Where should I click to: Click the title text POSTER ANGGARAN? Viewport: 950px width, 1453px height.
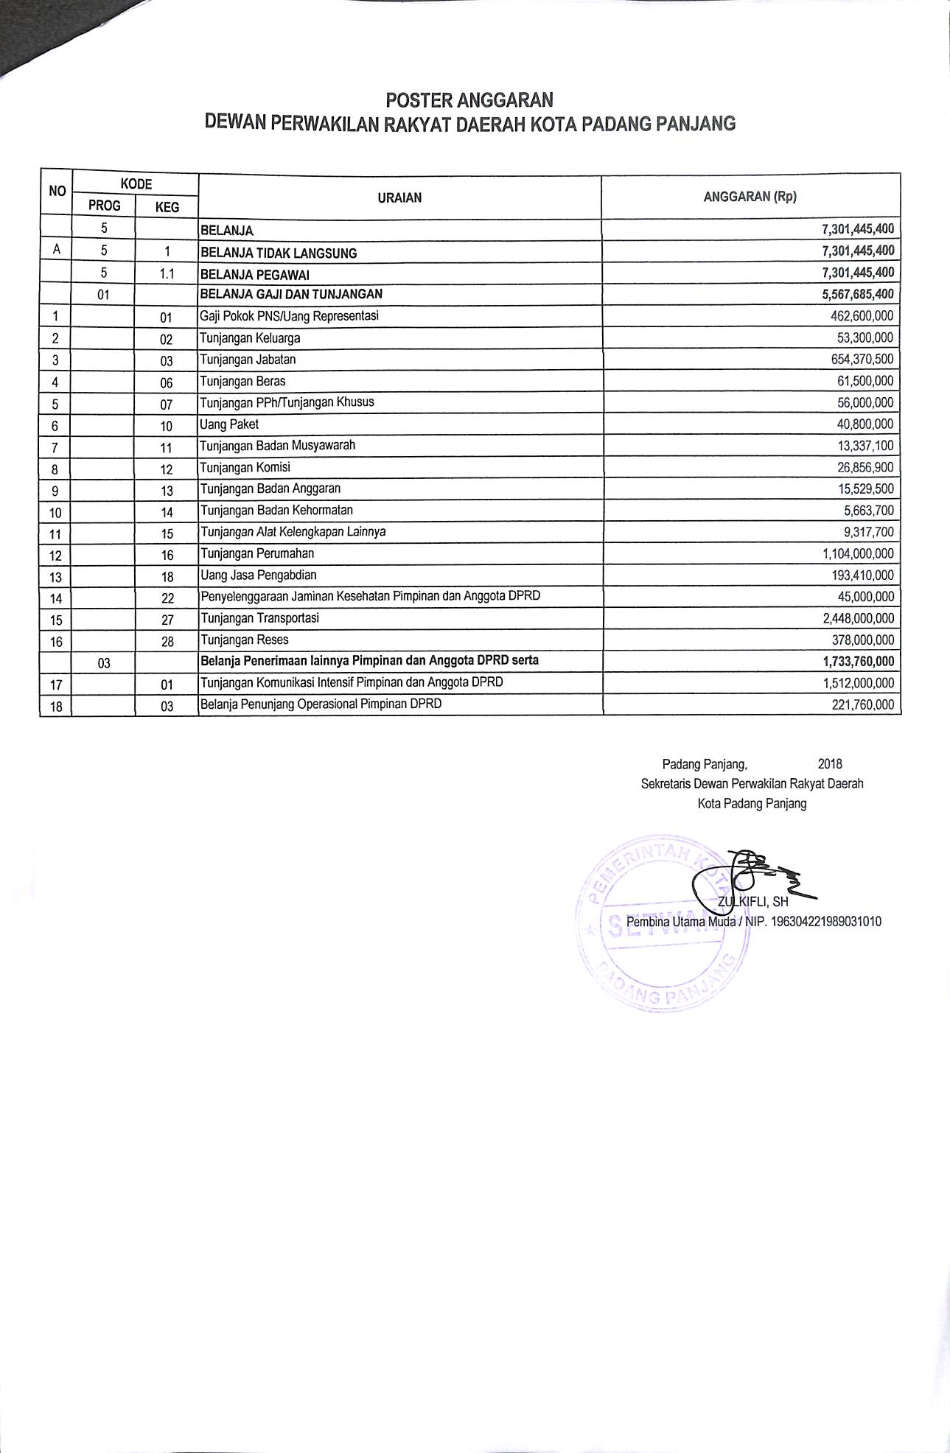469,99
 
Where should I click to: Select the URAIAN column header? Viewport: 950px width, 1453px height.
399,197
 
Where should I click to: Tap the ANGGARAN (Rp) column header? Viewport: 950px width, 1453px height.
750,197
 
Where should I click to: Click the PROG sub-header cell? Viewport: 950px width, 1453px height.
104,206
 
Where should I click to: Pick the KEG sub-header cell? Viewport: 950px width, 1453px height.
167,208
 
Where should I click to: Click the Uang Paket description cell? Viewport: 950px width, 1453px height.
229,424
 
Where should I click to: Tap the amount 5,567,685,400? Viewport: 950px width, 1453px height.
858,294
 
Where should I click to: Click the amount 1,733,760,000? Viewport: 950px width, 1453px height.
858,661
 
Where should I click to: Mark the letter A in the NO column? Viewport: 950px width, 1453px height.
56,251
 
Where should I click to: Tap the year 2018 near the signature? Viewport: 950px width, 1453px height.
830,764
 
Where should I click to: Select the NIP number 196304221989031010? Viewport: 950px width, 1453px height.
825,922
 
